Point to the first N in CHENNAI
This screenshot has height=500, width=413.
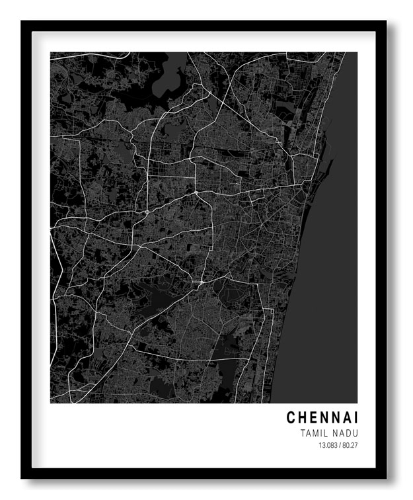[x=326, y=418]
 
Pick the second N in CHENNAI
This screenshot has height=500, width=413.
[x=338, y=418]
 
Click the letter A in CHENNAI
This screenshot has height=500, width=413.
[x=349, y=418]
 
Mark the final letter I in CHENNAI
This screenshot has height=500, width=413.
[x=357, y=418]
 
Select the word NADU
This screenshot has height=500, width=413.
[x=345, y=433]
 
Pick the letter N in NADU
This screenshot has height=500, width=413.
[x=335, y=433]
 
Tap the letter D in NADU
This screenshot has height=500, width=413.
[x=348, y=433]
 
